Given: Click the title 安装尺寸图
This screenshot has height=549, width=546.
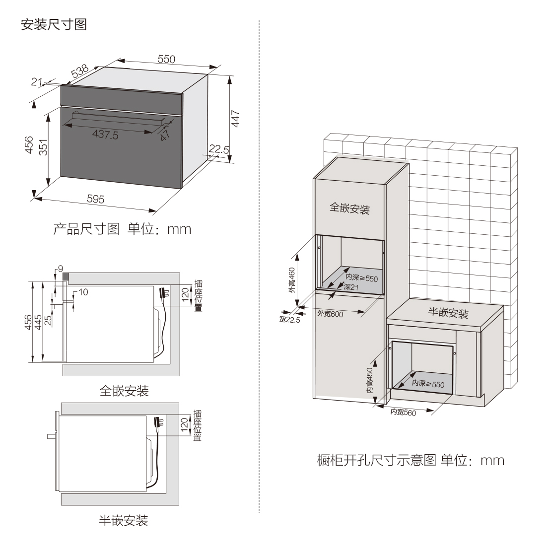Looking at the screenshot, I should tap(54, 24).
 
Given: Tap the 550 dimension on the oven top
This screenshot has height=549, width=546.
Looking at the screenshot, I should tap(166, 59).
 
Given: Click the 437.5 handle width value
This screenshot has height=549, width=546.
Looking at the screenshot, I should tap(105, 135).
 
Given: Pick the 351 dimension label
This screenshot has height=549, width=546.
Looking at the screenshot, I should tap(43, 147).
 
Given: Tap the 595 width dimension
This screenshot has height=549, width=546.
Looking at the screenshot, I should tap(96, 199).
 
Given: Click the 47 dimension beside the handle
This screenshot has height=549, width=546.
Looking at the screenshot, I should tap(164, 134).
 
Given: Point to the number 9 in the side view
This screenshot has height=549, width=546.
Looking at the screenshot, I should tap(60, 269).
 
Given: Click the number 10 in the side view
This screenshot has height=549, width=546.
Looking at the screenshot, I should tap(82, 292).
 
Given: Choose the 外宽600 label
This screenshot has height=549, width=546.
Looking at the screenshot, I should tap(330, 313).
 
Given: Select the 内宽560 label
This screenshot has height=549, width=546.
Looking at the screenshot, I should tap(403, 412).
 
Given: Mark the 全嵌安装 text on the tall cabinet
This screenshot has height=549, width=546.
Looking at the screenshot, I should tap(349, 208).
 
